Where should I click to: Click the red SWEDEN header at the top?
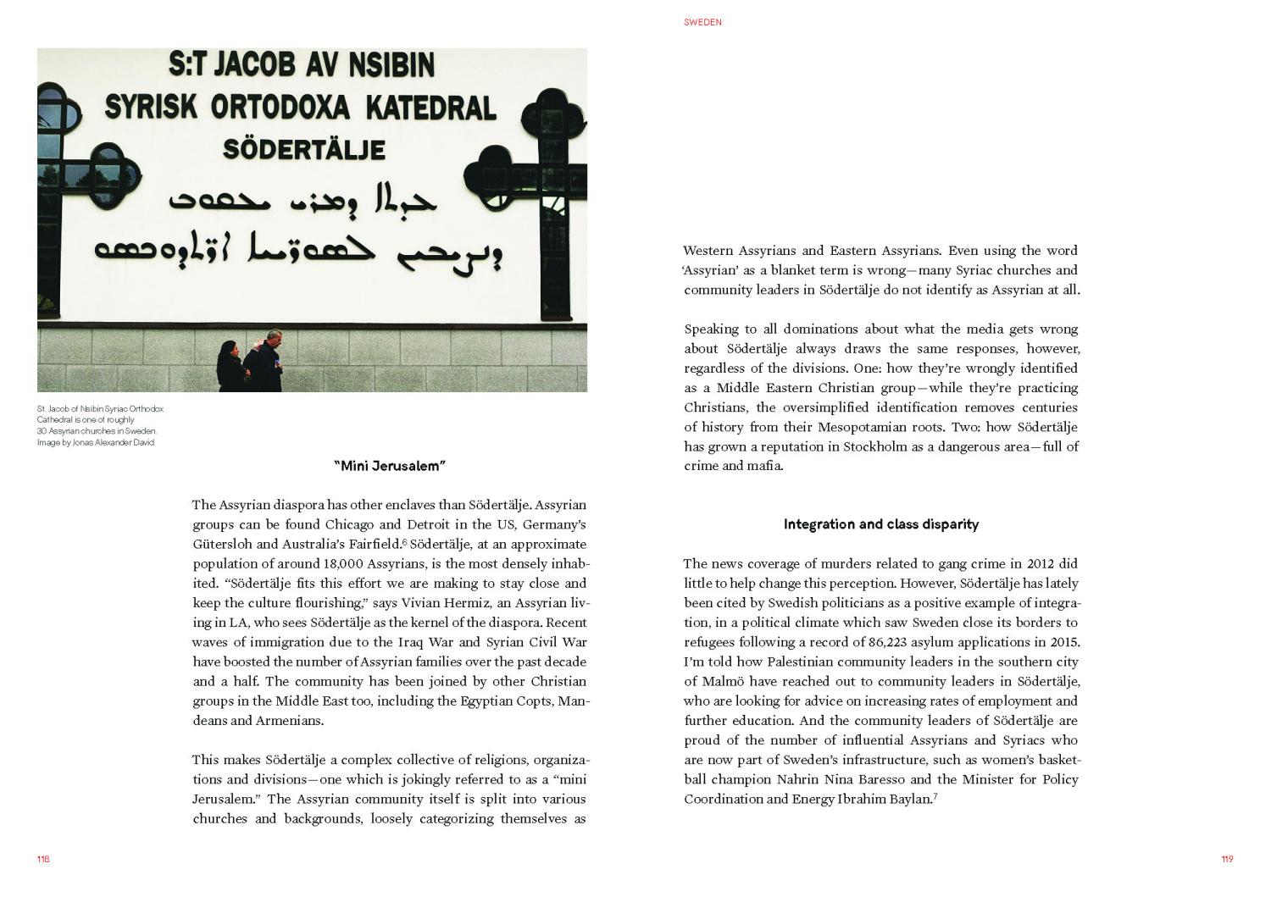tap(702, 22)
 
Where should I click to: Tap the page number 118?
tap(43, 859)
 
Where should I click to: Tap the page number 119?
tap(1227, 859)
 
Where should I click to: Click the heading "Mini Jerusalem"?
tap(390, 466)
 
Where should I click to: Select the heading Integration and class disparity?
tap(880, 524)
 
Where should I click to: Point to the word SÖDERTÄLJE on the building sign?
tap(303, 150)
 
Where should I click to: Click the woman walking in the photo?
tap(229, 366)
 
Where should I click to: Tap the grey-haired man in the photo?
tap(264, 359)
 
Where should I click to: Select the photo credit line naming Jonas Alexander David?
tap(96, 442)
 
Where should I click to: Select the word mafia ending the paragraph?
tap(764, 466)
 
